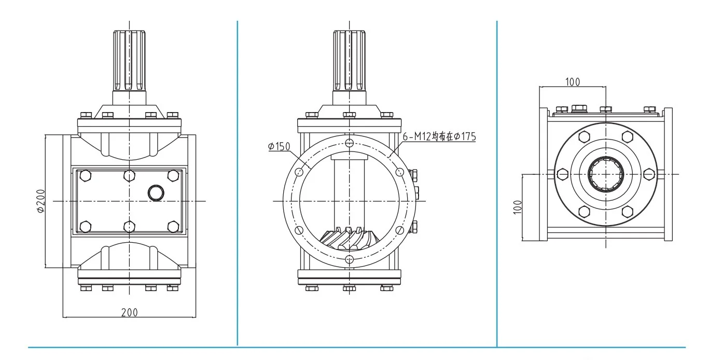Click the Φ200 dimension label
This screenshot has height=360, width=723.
click(41, 201)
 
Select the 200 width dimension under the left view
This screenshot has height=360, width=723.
click(130, 312)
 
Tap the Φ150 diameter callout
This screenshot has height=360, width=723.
click(279, 147)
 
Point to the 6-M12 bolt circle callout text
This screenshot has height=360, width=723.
click(439, 136)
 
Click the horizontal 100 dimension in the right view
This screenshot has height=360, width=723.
click(573, 82)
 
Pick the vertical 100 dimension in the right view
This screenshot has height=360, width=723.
click(518, 207)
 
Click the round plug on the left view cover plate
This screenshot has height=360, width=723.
click(156, 193)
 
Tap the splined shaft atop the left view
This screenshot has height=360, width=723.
click(130, 60)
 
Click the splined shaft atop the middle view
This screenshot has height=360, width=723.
click(349, 60)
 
